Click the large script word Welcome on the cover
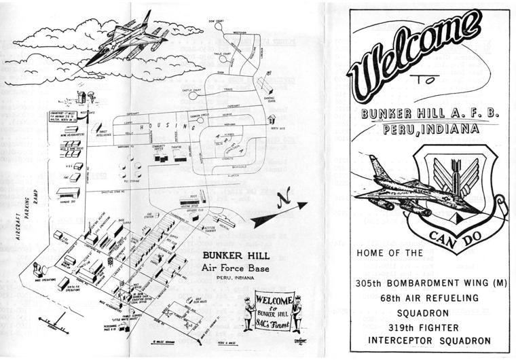tap(415, 52)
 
